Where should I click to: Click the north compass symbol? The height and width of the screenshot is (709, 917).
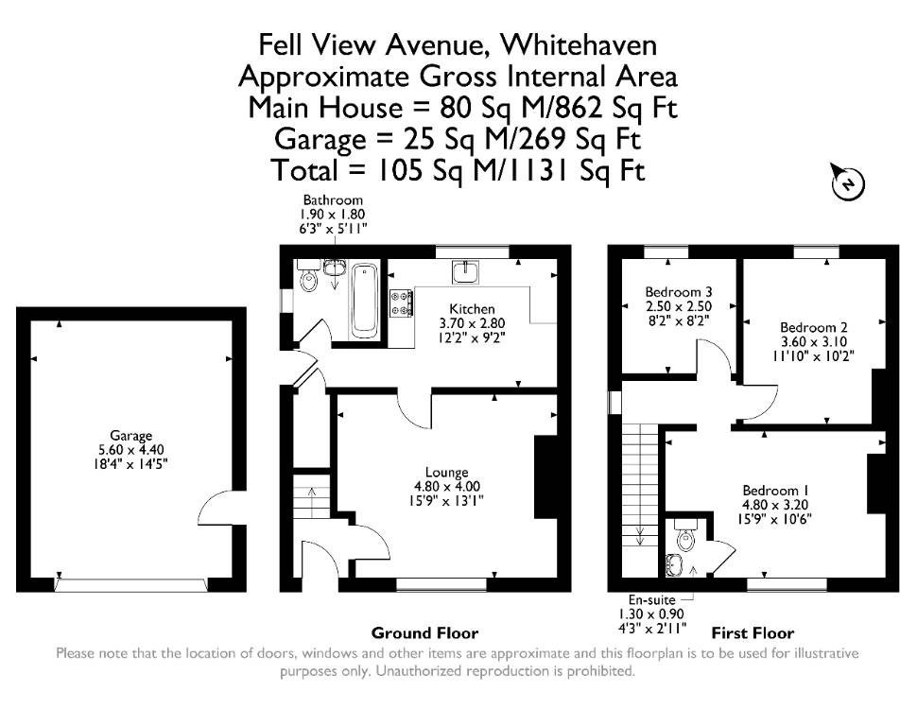coord(847,182)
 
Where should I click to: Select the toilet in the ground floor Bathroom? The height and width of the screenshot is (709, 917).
coord(307,276)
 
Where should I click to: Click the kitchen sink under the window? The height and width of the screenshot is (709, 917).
coord(465,272)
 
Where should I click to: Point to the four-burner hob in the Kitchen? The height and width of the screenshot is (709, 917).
coord(401,304)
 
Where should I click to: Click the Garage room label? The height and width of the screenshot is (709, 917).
coord(131,435)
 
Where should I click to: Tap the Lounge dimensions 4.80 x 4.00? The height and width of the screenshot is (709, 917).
coord(447,486)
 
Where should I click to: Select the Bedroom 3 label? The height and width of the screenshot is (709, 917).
coord(679,291)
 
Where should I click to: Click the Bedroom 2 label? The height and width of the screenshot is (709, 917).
coord(814,327)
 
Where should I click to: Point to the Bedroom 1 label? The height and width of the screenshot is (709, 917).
coord(775,491)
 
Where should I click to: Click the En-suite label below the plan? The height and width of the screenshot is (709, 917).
coord(651,599)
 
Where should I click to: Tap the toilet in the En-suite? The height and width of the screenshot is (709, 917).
coord(683,533)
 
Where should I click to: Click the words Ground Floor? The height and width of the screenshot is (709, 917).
coord(424,633)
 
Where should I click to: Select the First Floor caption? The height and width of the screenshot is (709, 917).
coord(753,633)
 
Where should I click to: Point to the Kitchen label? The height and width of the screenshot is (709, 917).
coord(472,309)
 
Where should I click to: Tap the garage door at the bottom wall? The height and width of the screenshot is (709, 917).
coord(131,585)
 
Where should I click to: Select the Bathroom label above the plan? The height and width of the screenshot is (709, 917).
coord(333,200)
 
